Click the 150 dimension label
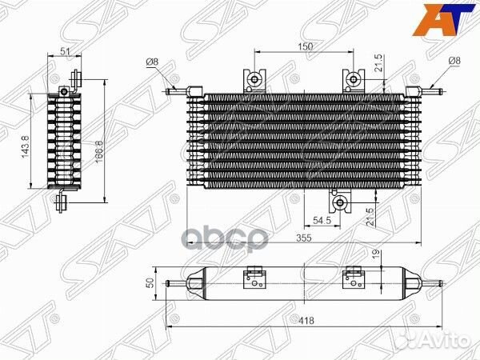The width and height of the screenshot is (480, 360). (x=306, y=46)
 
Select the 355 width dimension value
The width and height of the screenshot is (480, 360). (x=304, y=238)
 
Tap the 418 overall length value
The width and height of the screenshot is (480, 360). (x=306, y=320)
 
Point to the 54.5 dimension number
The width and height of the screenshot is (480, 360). (x=322, y=220)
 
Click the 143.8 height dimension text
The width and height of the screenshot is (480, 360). (x=26, y=146)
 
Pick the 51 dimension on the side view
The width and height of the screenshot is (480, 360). (x=65, y=51)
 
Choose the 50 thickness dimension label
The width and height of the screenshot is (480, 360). (x=150, y=283)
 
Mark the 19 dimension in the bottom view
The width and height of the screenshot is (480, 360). (x=376, y=254)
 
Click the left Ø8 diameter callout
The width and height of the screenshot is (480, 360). (x=152, y=62)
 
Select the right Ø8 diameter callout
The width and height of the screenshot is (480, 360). (x=454, y=61)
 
